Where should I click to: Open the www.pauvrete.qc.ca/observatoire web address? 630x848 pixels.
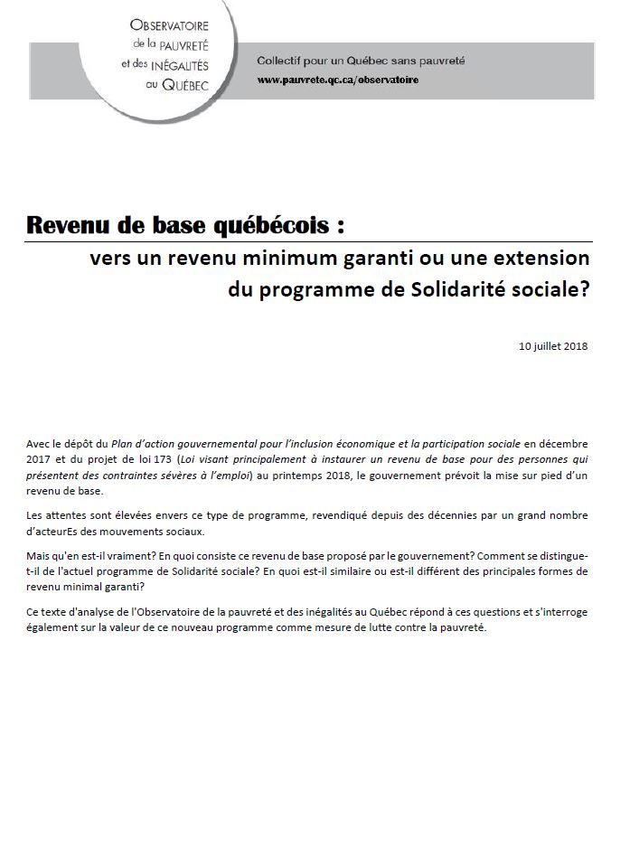pyautogui.click(x=337, y=80)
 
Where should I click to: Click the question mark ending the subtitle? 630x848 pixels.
pyautogui.click(x=584, y=289)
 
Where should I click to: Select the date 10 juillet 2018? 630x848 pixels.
pyautogui.click(x=553, y=346)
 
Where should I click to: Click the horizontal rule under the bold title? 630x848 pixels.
pyautogui.click(x=307, y=241)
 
